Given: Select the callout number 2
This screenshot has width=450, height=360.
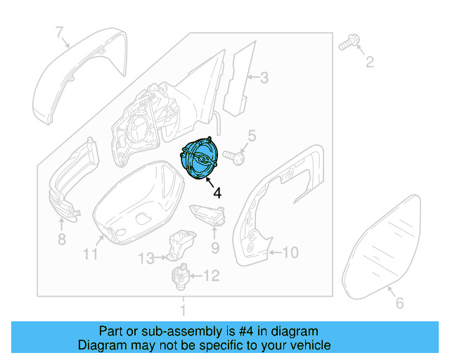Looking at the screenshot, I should [x=368, y=64].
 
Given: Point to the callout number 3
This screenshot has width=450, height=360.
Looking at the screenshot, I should [x=264, y=78].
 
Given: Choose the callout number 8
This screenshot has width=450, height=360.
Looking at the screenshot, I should [x=61, y=240].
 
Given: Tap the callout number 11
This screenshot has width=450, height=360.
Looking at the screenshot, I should [x=90, y=254].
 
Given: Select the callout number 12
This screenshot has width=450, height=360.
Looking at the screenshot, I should [x=212, y=275].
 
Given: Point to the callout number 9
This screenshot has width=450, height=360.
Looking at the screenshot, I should [x=215, y=247].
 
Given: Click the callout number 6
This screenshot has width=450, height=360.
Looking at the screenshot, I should [x=399, y=304].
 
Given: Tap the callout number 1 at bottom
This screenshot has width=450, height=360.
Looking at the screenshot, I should [x=183, y=310].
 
